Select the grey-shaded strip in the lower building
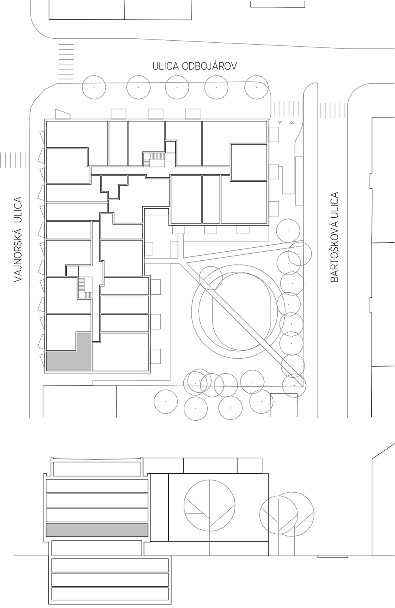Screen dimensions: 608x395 pos(97,530)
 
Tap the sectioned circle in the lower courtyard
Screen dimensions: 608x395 pos(209,505)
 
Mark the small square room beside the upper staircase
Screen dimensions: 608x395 pos(170,147)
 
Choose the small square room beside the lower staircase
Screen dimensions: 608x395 pos(72,271)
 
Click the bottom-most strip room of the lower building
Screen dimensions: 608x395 pos(110,594)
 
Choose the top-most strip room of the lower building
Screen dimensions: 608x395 pos(97,469)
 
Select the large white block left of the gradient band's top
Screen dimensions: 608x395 pos(79,411)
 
